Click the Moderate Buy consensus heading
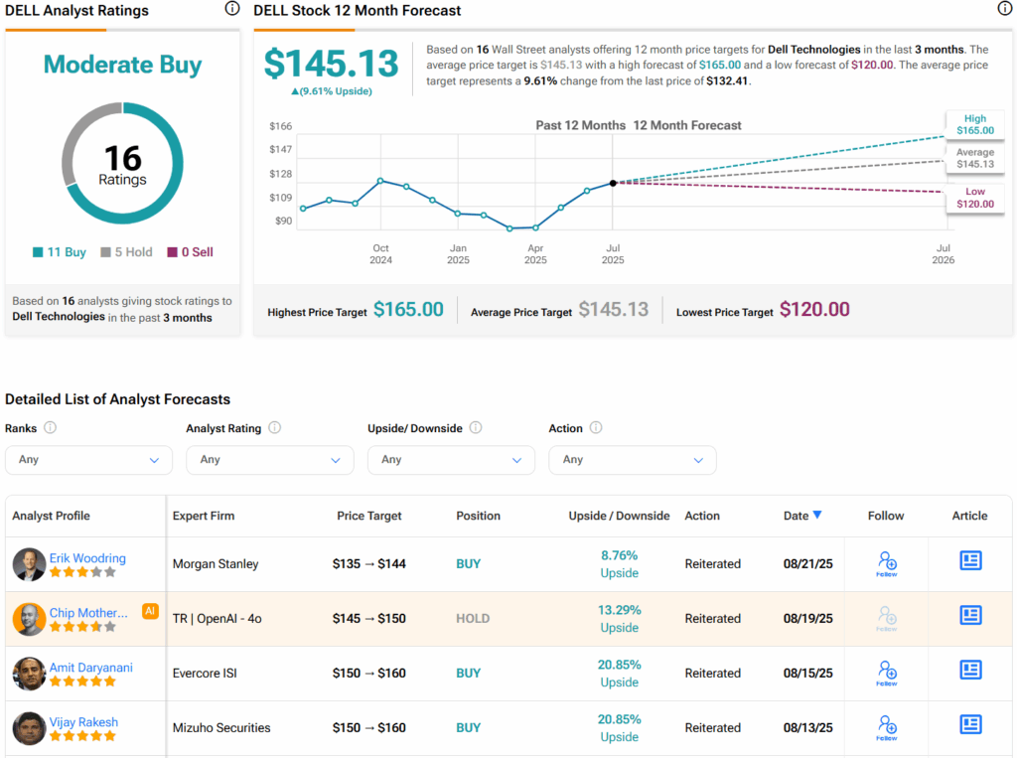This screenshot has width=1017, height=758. [x=123, y=66]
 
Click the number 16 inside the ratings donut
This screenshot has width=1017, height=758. [x=123, y=158]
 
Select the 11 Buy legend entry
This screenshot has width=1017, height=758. [x=60, y=252]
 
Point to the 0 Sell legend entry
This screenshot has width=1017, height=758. [x=191, y=252]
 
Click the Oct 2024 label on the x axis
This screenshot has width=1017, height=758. [x=380, y=254]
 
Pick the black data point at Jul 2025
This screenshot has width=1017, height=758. [x=613, y=183]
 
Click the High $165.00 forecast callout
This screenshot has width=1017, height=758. [x=974, y=124]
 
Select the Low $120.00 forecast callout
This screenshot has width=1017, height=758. [x=974, y=197]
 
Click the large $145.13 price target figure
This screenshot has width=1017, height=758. [x=332, y=64]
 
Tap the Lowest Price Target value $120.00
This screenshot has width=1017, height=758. [x=814, y=310]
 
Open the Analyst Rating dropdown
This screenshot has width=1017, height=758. [x=269, y=460]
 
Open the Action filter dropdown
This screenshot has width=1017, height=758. [x=632, y=460]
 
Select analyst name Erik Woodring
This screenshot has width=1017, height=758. [x=87, y=557]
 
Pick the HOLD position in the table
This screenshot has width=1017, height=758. [x=473, y=618]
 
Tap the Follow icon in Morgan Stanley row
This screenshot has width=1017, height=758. [x=887, y=562]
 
